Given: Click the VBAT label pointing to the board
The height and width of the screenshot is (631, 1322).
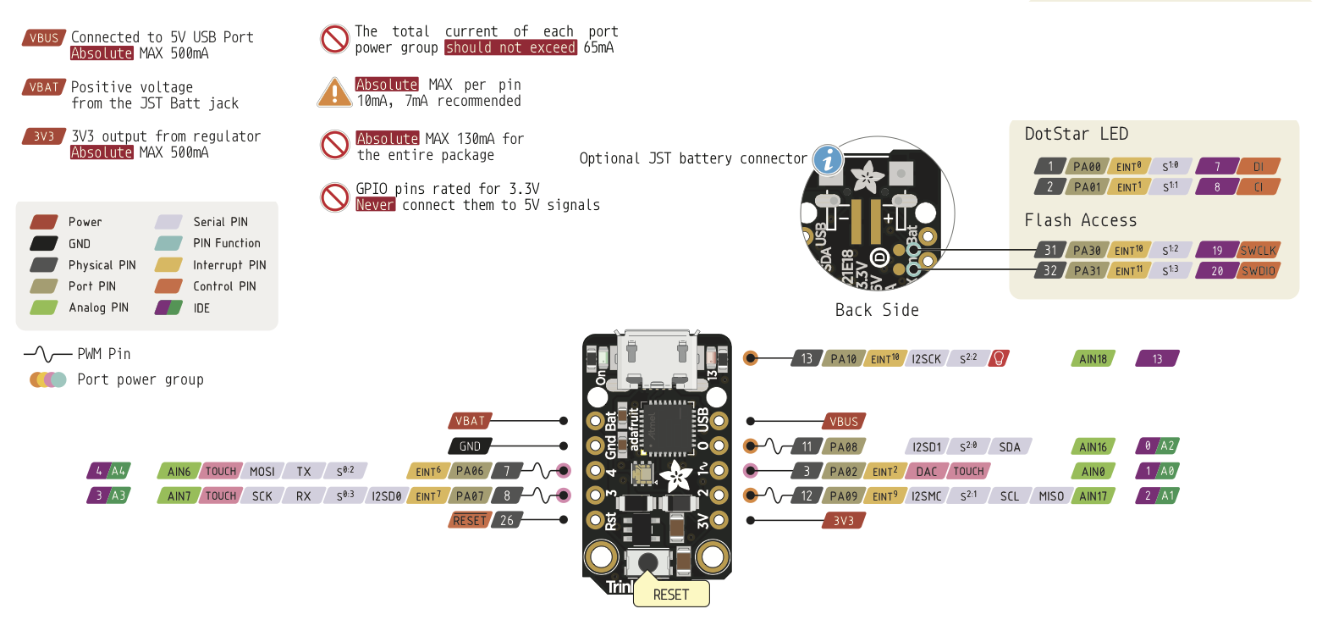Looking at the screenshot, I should point(470,421).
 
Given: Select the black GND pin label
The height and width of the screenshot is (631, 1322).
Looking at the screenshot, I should point(470,446).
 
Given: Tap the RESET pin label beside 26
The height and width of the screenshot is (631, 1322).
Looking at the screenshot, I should point(470,520).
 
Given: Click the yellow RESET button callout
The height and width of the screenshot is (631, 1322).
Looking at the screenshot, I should point(671,594).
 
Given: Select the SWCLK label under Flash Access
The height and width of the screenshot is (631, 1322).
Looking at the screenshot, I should point(1258,250).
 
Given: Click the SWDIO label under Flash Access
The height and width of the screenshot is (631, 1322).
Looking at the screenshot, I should point(1258,271).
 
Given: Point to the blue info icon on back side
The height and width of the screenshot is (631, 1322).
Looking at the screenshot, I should point(828,160).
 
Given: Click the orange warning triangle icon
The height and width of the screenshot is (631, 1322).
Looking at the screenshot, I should point(334,92).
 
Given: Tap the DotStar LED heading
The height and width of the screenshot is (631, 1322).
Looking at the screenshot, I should point(1076,134).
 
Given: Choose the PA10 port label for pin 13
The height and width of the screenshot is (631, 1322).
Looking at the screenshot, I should point(844,359).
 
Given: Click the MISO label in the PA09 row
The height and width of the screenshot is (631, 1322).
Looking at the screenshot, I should point(1051,496).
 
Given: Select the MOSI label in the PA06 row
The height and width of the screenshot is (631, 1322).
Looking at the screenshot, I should point(262,471).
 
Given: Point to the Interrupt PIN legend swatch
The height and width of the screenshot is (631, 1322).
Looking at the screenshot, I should point(170,265).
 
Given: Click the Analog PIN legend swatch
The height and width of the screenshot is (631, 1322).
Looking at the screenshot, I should point(46,307).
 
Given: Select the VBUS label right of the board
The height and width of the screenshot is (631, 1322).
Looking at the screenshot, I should point(844,421).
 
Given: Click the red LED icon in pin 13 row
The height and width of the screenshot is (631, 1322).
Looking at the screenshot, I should point(1000,359).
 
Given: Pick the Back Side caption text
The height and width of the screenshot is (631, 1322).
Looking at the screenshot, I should point(876,310).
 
